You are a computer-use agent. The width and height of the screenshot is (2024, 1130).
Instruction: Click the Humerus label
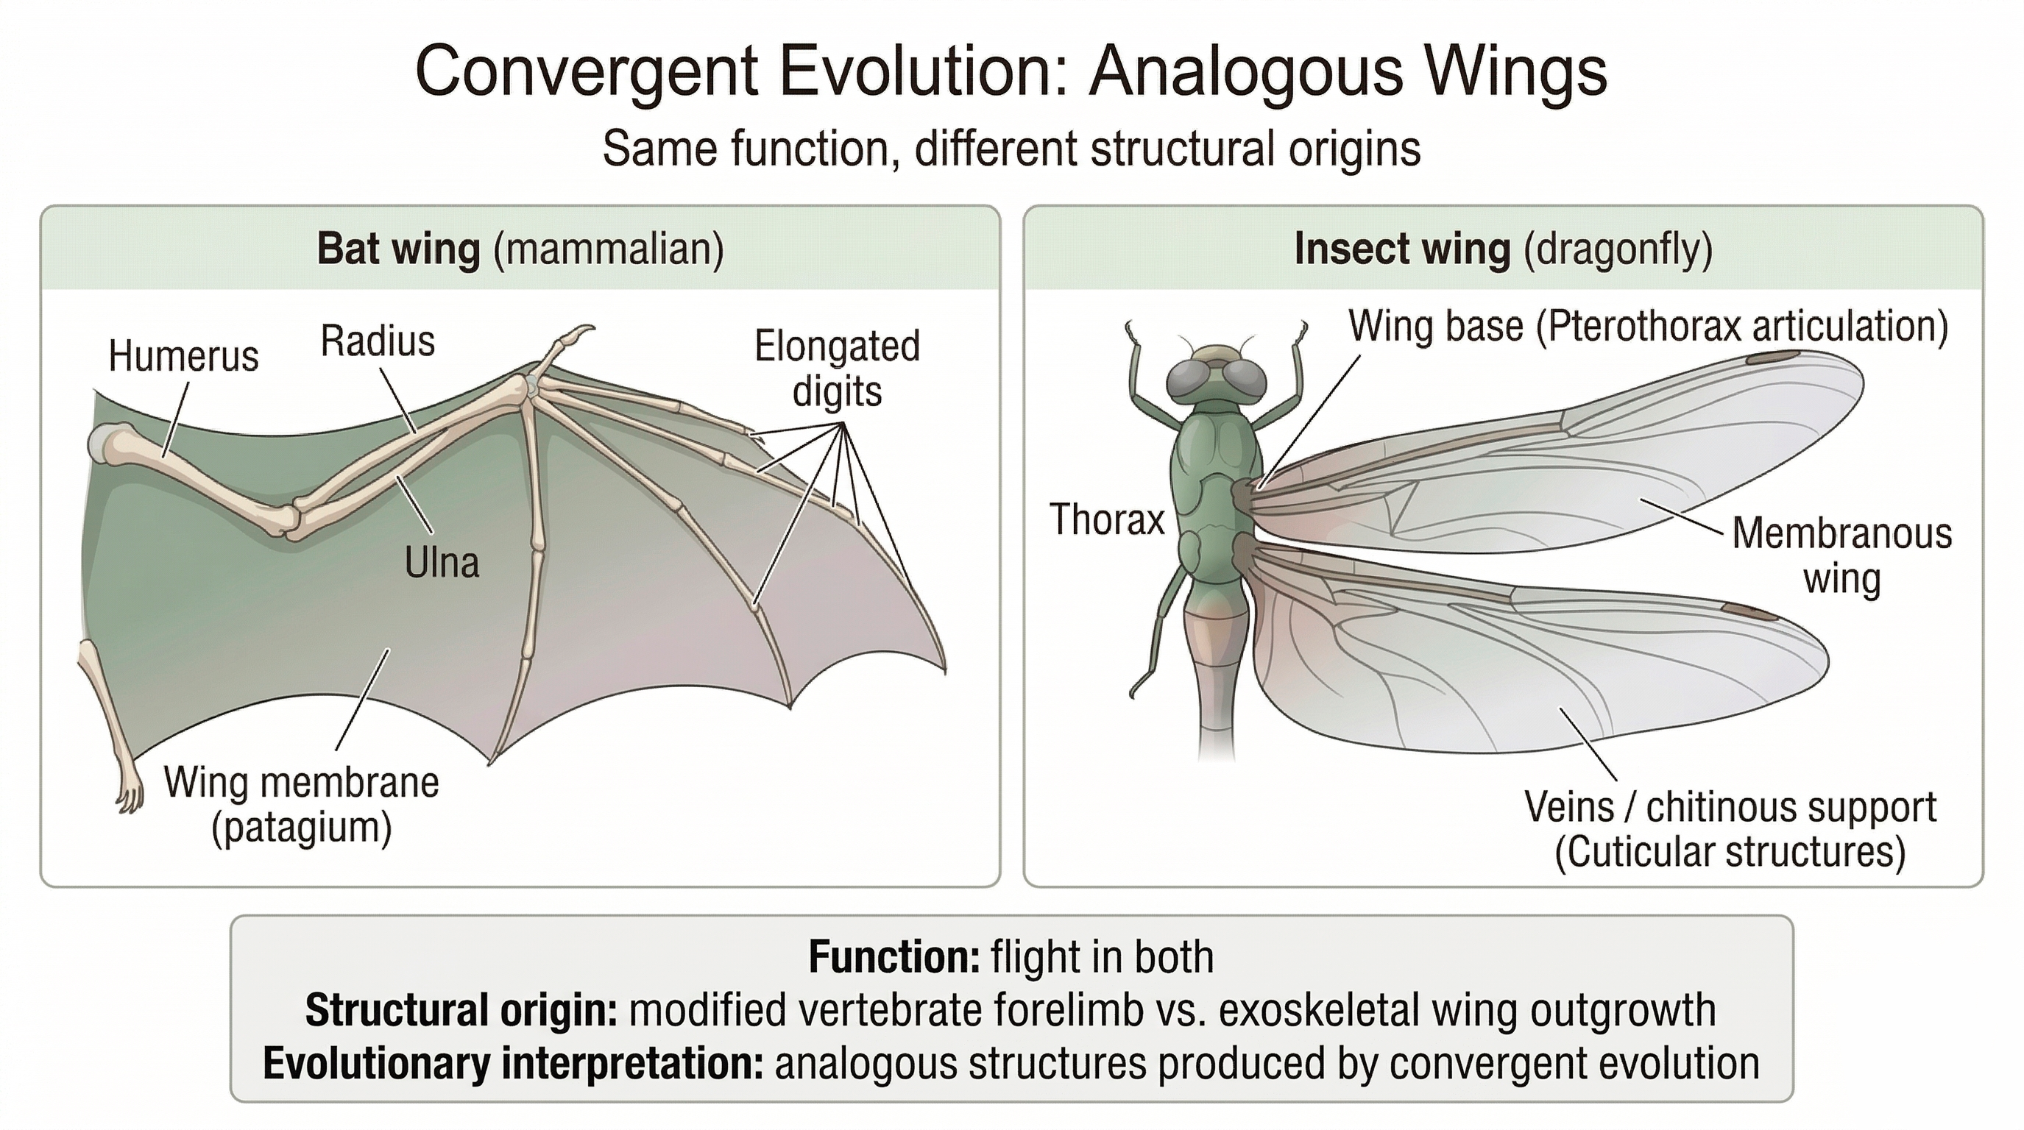pos(183,357)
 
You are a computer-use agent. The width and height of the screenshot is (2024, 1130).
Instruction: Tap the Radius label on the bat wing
pos(377,341)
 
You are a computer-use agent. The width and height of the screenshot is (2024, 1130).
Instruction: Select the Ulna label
pos(442,563)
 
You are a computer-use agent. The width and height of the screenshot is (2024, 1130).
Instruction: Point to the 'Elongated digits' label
pos(837,369)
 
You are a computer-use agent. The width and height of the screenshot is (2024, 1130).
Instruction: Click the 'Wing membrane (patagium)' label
pos(302,805)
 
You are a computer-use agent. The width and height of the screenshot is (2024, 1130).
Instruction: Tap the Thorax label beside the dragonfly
pos(1106,520)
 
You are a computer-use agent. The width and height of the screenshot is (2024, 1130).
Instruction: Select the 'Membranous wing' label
pos(1841,556)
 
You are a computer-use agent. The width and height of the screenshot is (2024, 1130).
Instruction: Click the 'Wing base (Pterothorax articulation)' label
pos(1649,326)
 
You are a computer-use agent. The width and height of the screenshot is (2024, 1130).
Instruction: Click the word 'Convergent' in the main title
pos(586,72)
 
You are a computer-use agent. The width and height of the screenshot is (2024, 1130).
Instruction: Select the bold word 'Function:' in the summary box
pos(894,958)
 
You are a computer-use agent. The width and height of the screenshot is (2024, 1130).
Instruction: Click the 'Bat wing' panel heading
pos(397,249)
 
